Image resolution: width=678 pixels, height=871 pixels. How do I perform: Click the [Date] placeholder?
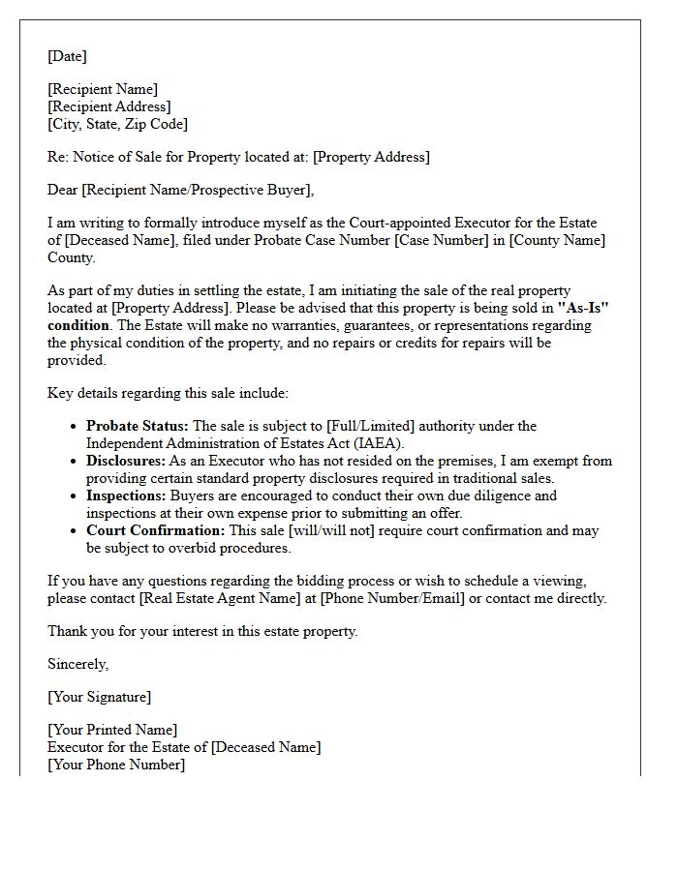[x=67, y=56]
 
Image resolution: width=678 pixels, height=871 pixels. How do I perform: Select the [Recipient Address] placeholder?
[x=109, y=106]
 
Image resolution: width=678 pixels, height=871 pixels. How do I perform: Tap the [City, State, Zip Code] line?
[x=117, y=124]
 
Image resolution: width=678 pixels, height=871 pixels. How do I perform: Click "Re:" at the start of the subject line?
[x=58, y=157]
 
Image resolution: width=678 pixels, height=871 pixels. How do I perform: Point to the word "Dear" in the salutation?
[x=63, y=190]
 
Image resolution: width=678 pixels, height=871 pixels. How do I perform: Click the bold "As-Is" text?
[x=590, y=309]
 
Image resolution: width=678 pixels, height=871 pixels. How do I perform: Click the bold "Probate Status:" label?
[x=137, y=426]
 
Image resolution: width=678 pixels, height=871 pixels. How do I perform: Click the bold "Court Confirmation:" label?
[x=155, y=530]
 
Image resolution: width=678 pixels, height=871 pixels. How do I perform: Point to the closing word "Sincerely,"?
[x=78, y=664]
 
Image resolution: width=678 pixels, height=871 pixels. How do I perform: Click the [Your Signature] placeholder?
[x=99, y=697]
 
